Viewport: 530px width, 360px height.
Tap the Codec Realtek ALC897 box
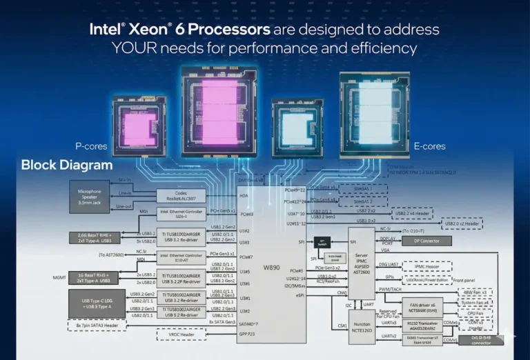[x=181, y=196]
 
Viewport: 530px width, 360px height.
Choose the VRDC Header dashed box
[x=181, y=334]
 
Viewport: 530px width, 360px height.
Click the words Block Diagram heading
[x=67, y=165]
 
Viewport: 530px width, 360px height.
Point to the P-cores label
[x=91, y=146]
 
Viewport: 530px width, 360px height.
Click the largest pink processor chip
[x=221, y=110]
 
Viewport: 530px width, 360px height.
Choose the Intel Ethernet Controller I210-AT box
[x=181, y=258]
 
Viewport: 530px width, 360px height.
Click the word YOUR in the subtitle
[x=141, y=48]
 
